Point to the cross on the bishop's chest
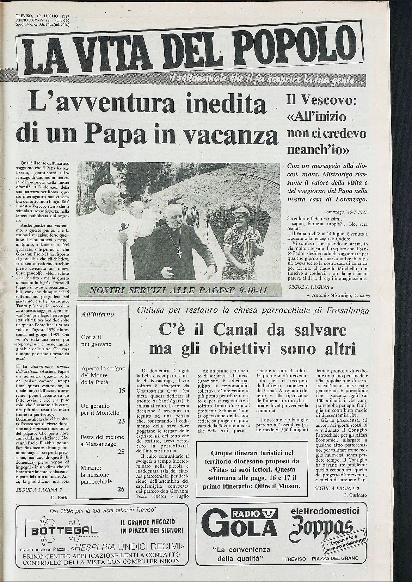179,253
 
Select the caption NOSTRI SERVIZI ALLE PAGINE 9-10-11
178,290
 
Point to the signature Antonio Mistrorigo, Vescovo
340,296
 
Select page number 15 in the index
122,390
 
